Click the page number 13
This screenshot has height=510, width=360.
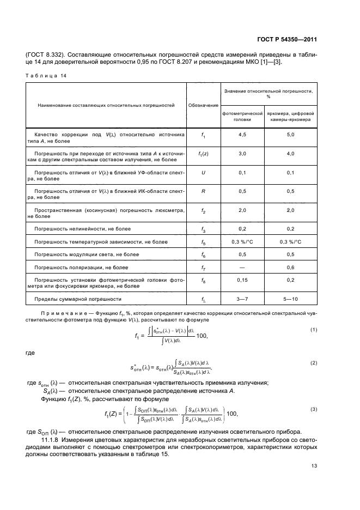pos(314,466)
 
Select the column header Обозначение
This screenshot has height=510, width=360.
pos(203,105)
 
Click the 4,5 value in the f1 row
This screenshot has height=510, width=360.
pos(242,135)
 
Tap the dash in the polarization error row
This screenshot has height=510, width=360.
pos(242,268)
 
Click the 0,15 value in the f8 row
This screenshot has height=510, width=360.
pos(242,280)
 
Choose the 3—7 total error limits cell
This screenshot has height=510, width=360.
pos(242,299)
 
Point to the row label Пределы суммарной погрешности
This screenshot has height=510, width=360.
pos(78,299)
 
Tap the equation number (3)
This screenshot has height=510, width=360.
pos(314,409)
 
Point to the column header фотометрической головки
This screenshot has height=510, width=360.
pos(242,117)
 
